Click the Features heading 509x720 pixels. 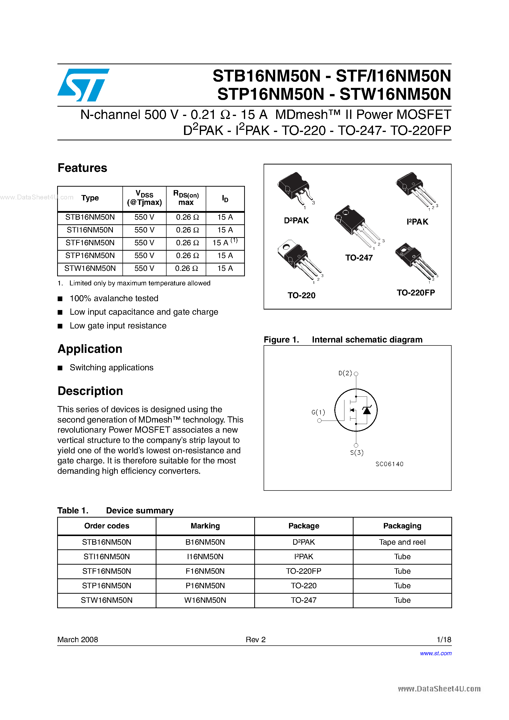click(x=82, y=168)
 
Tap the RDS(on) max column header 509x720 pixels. click(x=186, y=198)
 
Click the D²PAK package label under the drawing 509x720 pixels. click(x=296, y=221)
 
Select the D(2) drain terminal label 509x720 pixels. click(x=345, y=373)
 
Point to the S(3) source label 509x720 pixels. click(x=357, y=453)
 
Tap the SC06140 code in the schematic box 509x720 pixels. click(x=389, y=464)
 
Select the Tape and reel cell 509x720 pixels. click(x=402, y=542)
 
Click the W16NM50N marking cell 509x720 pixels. click(x=205, y=600)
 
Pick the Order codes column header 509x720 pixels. click(x=107, y=526)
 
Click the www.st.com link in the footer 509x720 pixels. click(x=436, y=653)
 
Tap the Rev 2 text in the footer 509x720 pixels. click(x=255, y=639)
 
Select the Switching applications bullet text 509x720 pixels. click(x=111, y=368)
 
